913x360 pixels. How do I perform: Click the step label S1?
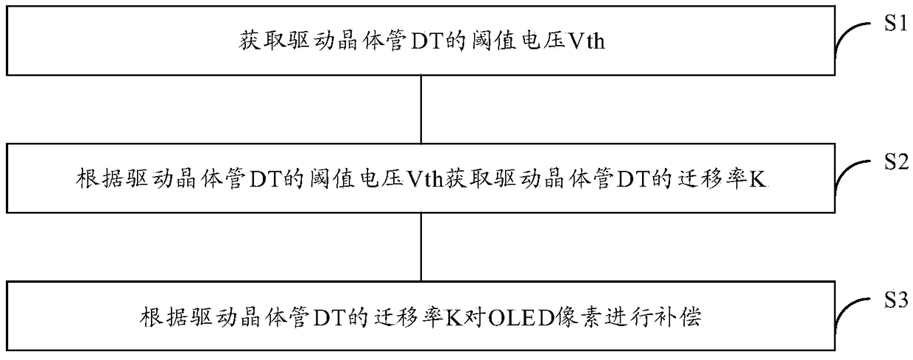click(x=896, y=23)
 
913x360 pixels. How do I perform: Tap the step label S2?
click(x=896, y=161)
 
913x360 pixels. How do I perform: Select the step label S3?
click(x=896, y=300)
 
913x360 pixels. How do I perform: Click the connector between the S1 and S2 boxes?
click(x=421, y=109)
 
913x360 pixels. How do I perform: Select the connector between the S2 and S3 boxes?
click(x=421, y=247)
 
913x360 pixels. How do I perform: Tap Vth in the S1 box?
click(x=586, y=41)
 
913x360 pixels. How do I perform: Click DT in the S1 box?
click(x=427, y=41)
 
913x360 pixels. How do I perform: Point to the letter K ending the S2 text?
click(x=758, y=180)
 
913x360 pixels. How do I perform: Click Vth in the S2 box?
click(x=424, y=180)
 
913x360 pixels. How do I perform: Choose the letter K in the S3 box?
click(x=454, y=318)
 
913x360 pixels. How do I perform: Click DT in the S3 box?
click(x=329, y=318)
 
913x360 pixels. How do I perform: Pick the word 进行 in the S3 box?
click(x=624, y=317)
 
